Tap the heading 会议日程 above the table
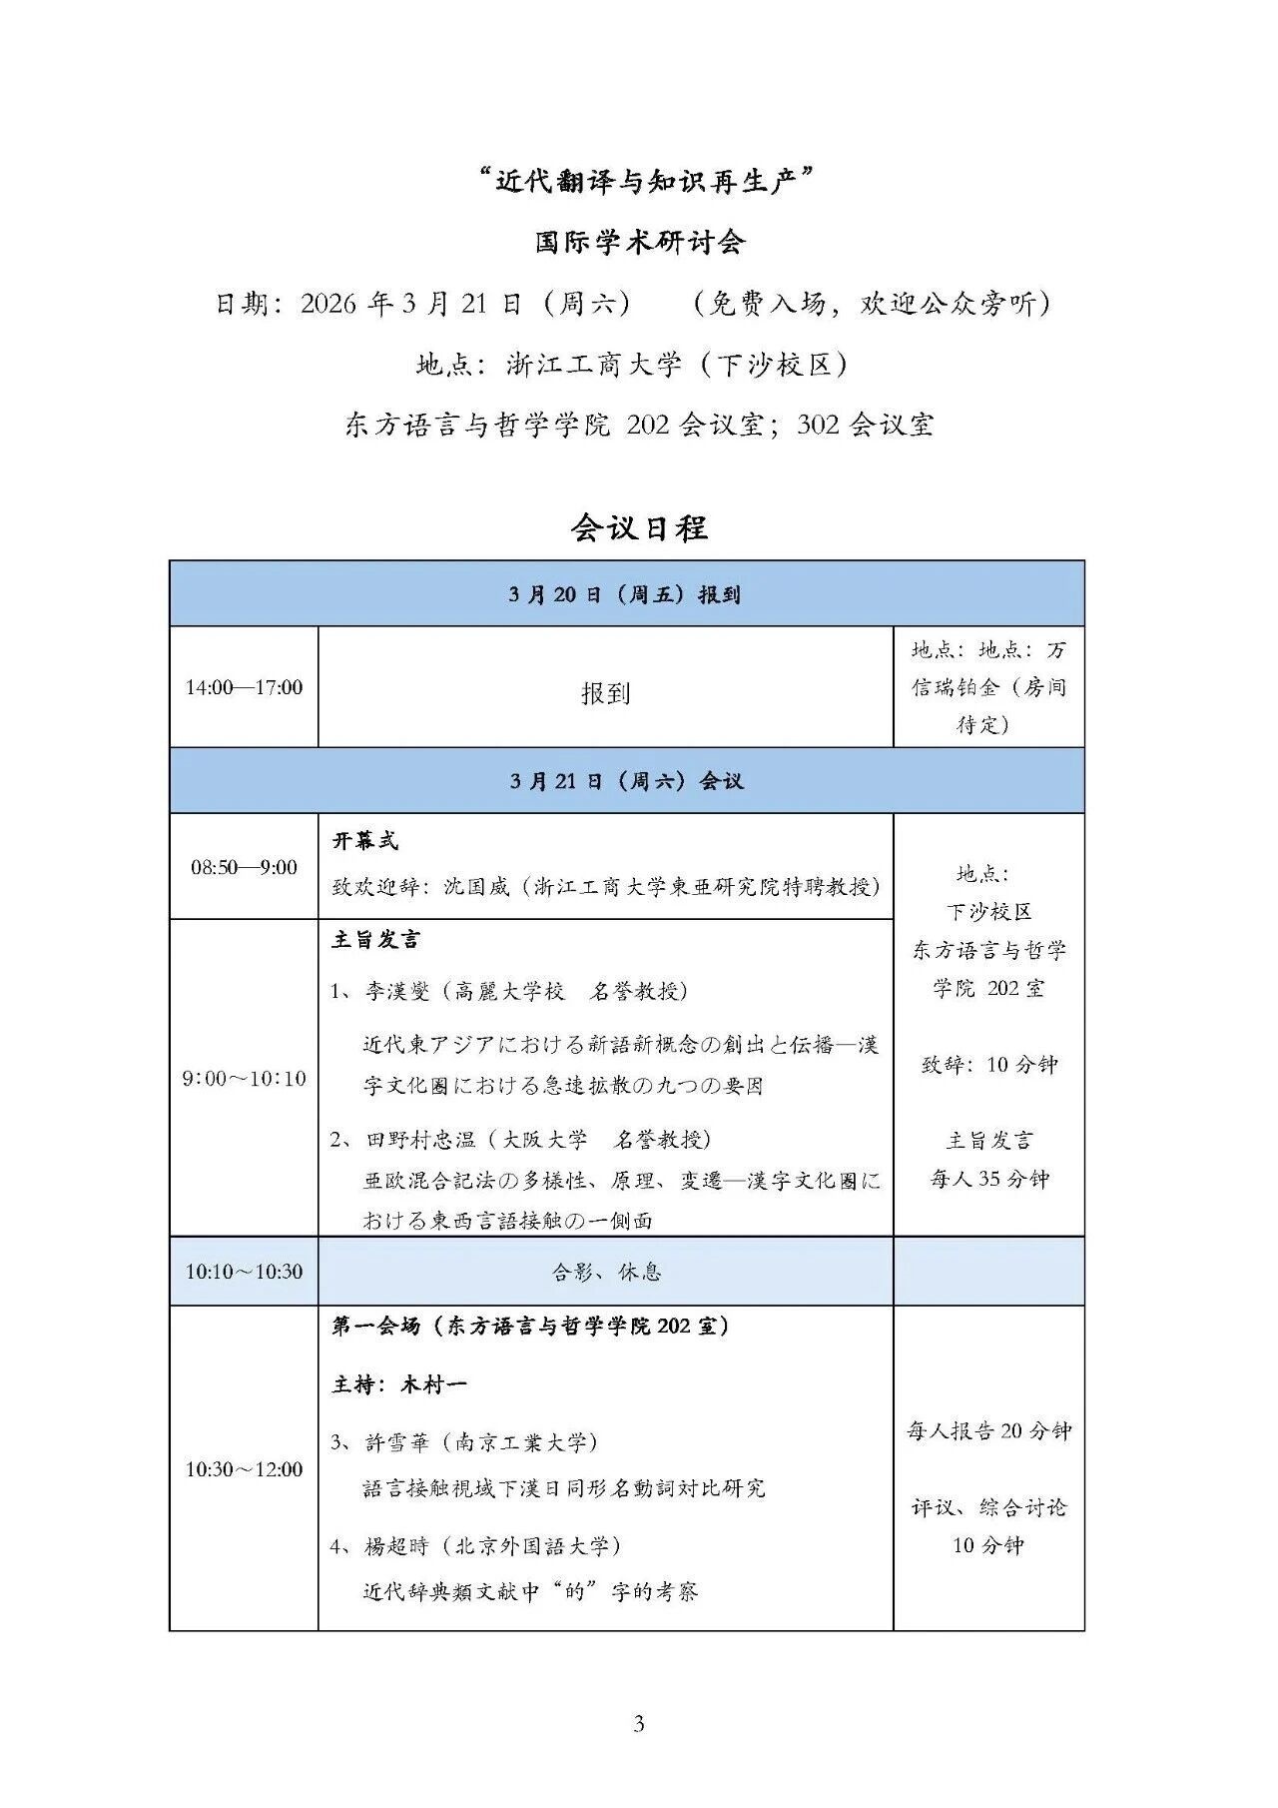[x=639, y=527]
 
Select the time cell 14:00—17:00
[x=244, y=687]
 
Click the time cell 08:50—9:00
[x=244, y=867]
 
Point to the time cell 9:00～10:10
[x=244, y=1078]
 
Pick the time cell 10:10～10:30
[x=244, y=1272]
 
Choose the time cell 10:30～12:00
[x=244, y=1469]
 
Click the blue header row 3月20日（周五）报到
[x=626, y=594]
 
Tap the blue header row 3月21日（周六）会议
[x=626, y=781]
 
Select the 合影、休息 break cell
[x=606, y=1272]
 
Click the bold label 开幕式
[x=365, y=841]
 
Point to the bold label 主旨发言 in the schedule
[x=375, y=939]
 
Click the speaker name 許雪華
[x=396, y=1442]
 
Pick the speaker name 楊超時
[x=396, y=1545]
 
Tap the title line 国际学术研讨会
[x=639, y=242]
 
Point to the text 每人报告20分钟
[x=988, y=1431]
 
